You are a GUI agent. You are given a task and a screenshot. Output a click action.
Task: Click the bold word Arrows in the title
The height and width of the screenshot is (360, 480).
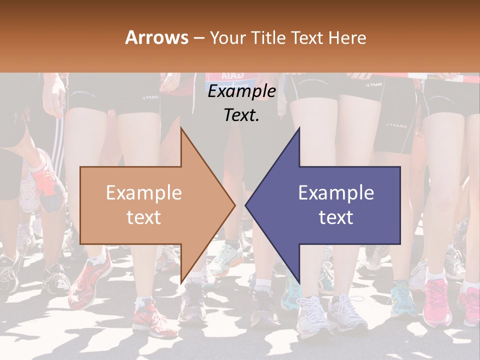[156, 37]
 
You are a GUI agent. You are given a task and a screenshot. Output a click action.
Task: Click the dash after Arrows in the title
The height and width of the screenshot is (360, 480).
[198, 38]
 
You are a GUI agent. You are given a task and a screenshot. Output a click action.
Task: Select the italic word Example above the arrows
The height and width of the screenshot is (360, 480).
[242, 91]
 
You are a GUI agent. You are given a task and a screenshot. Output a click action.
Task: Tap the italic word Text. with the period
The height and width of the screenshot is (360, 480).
[242, 115]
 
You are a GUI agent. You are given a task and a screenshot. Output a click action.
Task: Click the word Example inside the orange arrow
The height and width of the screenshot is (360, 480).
[144, 193]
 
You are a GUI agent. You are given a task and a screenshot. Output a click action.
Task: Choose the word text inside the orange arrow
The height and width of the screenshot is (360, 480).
[144, 217]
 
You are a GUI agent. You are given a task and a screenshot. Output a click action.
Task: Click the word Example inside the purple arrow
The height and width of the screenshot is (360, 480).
[336, 193]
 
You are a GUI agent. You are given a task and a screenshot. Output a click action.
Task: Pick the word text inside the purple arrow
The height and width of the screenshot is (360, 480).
[336, 217]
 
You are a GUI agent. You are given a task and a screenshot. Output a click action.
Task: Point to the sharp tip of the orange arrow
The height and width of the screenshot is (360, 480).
[234, 205]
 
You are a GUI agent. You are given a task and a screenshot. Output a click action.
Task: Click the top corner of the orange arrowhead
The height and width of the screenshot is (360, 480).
[181, 128]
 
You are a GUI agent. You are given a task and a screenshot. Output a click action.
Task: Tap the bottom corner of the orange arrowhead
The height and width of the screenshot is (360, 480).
[181, 282]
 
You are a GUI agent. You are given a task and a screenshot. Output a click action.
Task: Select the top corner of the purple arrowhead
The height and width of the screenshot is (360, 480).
[299, 128]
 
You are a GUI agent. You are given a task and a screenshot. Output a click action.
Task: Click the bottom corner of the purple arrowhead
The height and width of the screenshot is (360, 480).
[299, 282]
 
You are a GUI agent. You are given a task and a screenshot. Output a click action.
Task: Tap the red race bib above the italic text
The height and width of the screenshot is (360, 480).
[225, 76]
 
